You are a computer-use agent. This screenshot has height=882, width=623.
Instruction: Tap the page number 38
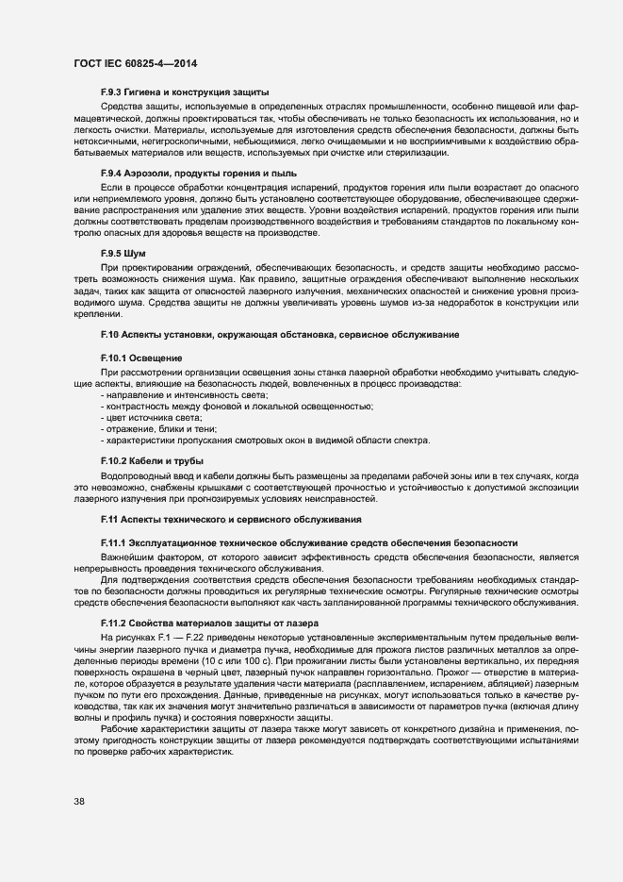[x=80, y=802]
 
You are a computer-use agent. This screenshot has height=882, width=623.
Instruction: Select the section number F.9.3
[x=113, y=92]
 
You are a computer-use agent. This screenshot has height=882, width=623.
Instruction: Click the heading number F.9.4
[x=113, y=174]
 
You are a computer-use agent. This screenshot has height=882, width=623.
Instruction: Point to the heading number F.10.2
[x=116, y=459]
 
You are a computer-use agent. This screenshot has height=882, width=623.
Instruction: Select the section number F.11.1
[x=116, y=543]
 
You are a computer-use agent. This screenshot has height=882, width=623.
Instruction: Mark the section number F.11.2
[x=116, y=624]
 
